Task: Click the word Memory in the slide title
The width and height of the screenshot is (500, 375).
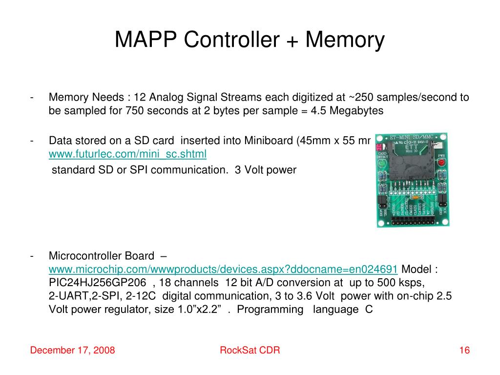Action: tap(345, 40)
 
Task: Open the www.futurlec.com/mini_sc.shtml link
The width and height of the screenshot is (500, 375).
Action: tap(127, 154)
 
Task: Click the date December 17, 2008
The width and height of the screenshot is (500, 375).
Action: tap(73, 351)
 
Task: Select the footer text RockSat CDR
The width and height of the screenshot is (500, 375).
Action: tap(250, 351)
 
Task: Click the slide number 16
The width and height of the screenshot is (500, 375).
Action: tap(464, 351)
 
